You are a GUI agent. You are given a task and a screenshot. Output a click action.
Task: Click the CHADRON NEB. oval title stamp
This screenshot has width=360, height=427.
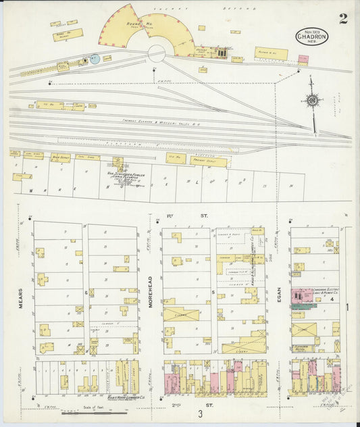tap(311, 36)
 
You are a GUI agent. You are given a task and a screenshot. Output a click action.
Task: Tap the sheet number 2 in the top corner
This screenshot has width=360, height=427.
tap(343, 19)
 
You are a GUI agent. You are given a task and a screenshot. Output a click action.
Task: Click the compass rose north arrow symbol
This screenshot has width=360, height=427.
tap(311, 101)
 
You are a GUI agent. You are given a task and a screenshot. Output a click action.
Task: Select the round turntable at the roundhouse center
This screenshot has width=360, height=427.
tap(157, 53)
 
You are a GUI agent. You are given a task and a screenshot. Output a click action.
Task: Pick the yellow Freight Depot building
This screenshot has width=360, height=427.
tap(207, 161)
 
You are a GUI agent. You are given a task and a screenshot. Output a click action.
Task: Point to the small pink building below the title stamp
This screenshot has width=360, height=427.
tap(303, 59)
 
